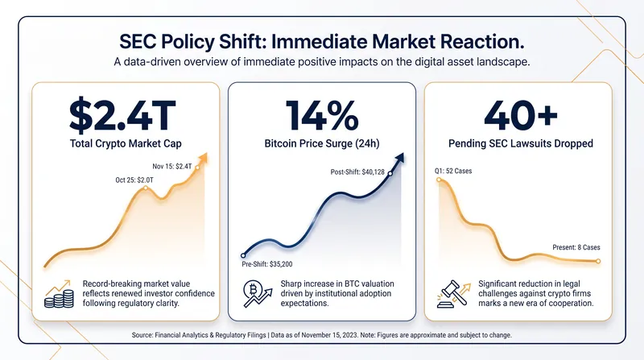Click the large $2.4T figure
point(122,114)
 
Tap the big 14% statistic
point(322,115)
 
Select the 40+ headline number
point(520,115)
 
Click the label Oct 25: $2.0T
point(134,180)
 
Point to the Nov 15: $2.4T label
point(172,167)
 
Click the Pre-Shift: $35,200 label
point(267,264)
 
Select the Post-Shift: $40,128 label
point(357,172)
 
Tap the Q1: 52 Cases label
point(453,171)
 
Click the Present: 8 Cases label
point(576,247)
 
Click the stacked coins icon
point(59,294)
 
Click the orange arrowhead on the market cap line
point(203,158)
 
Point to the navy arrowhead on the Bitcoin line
point(398,158)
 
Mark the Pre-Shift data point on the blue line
point(243,255)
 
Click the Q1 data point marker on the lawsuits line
point(439,180)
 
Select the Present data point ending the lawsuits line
point(598,262)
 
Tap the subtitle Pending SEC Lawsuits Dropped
point(521,143)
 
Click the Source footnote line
point(322,335)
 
